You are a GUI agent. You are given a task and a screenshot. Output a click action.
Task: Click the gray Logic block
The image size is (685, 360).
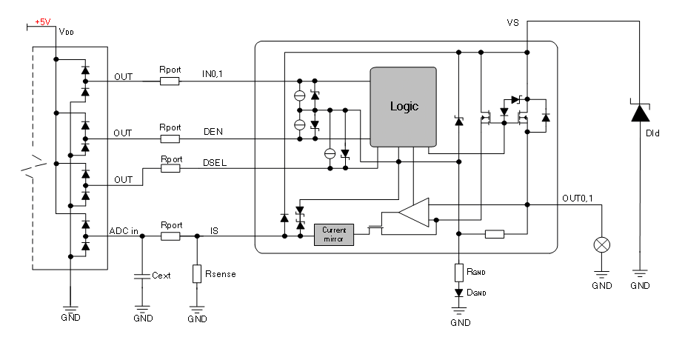(403, 107)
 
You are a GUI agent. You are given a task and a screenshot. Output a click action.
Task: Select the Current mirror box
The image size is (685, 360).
(334, 235)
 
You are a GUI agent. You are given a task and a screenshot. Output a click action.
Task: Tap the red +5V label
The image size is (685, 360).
(43, 21)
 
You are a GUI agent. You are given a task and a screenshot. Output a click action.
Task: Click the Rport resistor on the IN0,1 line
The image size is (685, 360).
(170, 81)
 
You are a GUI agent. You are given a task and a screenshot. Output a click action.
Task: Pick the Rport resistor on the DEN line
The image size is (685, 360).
(170, 139)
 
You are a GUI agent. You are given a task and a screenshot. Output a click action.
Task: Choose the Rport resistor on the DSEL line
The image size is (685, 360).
(170, 168)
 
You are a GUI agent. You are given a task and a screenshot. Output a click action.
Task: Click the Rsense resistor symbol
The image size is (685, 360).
(197, 273)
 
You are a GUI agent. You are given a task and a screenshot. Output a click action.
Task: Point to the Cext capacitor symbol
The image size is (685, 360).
(142, 276)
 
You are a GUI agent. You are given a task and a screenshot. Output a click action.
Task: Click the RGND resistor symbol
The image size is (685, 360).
(458, 273)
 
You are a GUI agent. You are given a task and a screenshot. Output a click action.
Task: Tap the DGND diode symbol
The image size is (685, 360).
(458, 293)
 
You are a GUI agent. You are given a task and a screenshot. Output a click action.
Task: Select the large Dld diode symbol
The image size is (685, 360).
(640, 113)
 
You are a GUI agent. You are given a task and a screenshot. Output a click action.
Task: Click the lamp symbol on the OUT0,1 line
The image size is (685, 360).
(601, 244)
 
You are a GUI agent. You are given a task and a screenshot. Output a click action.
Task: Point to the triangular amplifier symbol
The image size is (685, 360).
(414, 213)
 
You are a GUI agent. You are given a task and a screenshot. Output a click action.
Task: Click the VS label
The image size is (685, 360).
(513, 23)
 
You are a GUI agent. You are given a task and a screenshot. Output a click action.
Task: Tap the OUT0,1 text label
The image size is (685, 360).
(578, 199)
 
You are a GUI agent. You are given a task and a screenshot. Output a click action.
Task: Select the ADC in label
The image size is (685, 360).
(124, 231)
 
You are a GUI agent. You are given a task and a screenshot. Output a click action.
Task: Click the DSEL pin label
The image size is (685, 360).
(215, 163)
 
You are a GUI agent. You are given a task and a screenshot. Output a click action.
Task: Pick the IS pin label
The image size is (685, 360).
(214, 230)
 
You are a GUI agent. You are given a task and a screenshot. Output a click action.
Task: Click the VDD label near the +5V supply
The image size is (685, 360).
(67, 31)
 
